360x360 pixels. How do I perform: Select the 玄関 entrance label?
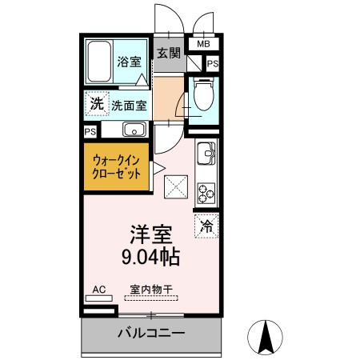coord(168,54)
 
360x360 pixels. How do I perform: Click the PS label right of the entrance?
coord(213,63)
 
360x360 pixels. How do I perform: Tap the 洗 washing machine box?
coord(96,103)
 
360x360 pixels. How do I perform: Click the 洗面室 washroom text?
coord(127,104)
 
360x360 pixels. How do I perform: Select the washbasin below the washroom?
coord(133,130)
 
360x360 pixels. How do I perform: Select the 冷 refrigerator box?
coord(206,226)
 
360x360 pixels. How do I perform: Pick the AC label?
coord(98,289)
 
